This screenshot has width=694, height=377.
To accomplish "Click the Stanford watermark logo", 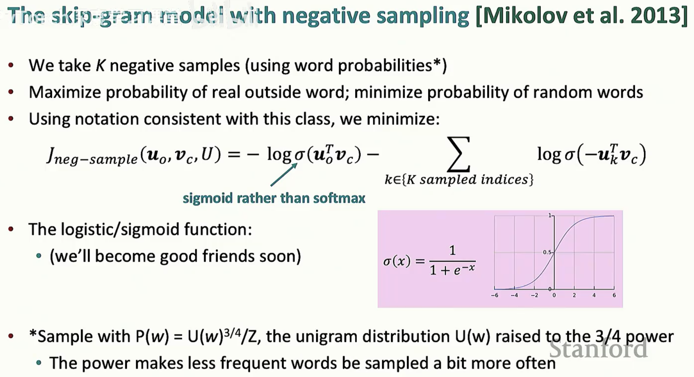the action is (598, 348).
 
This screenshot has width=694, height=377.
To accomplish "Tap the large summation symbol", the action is (458, 154).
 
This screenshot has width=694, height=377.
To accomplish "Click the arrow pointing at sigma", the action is (284, 175).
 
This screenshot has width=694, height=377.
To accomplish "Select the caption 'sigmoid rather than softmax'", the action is (274, 198).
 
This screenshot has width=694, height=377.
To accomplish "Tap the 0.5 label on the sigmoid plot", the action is (547, 252).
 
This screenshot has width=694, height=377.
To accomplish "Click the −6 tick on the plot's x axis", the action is (494, 295).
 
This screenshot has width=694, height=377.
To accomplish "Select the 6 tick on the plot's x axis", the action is (614, 295).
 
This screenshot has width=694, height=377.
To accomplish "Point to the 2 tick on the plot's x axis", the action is (574, 295).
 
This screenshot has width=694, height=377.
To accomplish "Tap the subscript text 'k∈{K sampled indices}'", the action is (459, 179).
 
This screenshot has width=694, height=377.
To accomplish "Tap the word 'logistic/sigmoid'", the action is (119, 229).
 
